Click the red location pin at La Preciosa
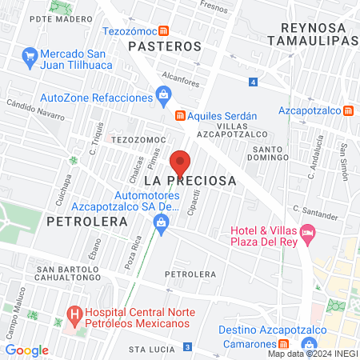(x=180, y=162)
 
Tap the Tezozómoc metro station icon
(x=163, y=31)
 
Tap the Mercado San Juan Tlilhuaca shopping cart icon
(x=30, y=56)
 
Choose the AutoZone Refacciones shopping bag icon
(x=163, y=97)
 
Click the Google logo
(x=26, y=350)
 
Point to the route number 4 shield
(x=253, y=82)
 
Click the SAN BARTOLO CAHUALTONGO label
(x=68, y=274)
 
